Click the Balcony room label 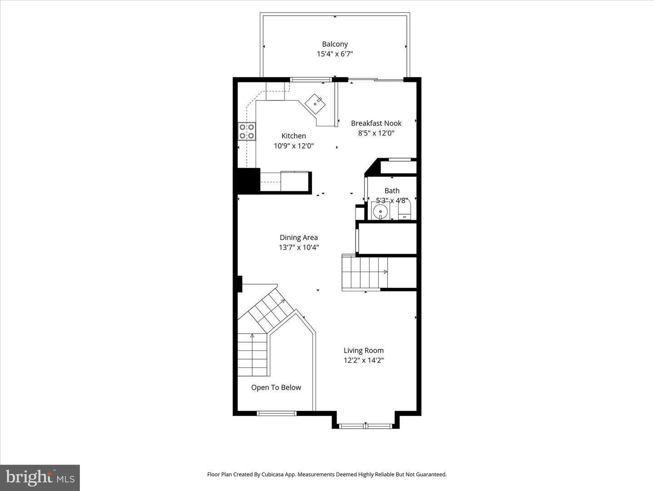(335, 44)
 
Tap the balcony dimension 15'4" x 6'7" (335, 54)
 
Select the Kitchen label (293, 136)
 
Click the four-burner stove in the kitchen (247, 131)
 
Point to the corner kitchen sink (315, 104)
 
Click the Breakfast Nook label (376, 123)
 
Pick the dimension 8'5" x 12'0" (376, 133)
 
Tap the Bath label (391, 191)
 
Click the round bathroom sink (380, 211)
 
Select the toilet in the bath (404, 211)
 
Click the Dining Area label (298, 237)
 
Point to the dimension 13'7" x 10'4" (298, 248)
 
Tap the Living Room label (363, 351)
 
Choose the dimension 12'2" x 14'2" (363, 361)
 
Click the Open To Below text (276, 387)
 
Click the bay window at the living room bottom (366, 426)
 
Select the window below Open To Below (276, 413)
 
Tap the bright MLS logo (40, 477)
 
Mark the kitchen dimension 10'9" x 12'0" (293, 146)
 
